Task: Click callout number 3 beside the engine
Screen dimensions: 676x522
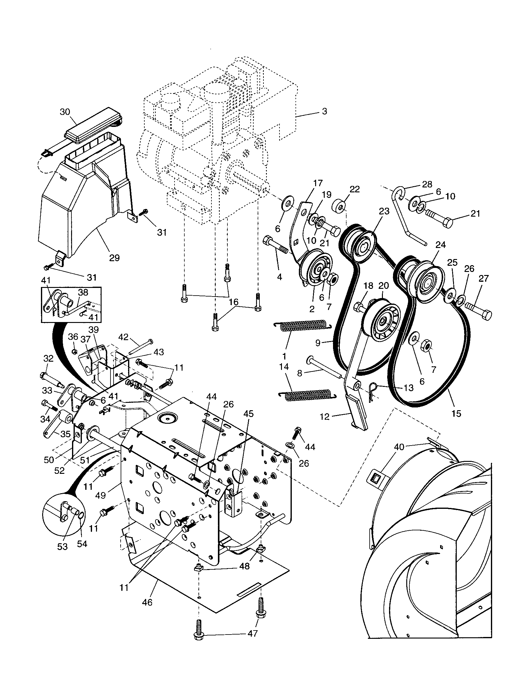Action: (324, 111)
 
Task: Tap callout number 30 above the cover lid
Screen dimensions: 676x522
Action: (65, 112)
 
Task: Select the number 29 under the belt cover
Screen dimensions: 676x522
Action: (114, 257)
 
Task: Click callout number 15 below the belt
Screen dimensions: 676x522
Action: (456, 413)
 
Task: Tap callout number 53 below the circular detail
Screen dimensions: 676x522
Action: (62, 547)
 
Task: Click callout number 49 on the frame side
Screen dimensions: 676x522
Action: (100, 495)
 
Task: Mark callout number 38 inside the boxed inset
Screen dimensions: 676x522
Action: (83, 292)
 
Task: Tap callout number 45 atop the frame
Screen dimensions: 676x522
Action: (248, 414)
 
